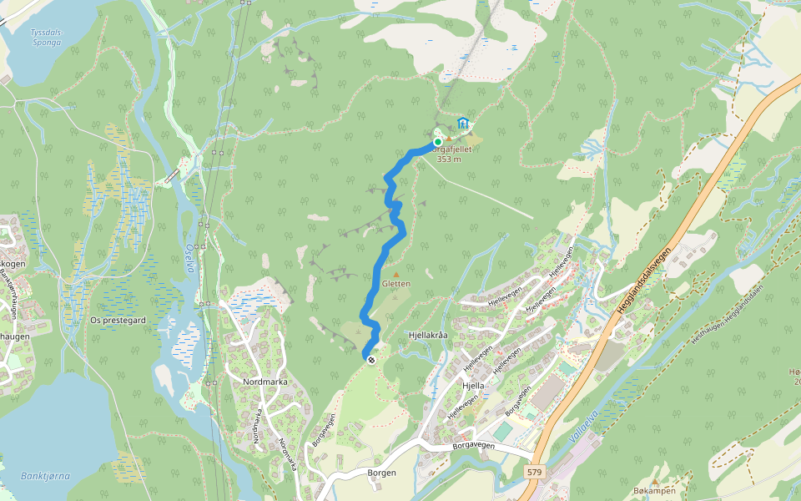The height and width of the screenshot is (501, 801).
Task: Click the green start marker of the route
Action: (x=437, y=142)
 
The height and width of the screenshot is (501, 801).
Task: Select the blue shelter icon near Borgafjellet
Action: (x=463, y=124)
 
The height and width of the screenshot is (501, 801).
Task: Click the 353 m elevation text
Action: (x=449, y=159)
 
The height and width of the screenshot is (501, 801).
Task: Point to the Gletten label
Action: (x=395, y=284)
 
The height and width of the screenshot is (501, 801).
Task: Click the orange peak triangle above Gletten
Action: (x=395, y=273)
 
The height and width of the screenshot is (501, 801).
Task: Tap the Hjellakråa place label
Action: (x=428, y=335)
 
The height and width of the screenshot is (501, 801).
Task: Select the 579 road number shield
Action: (x=534, y=473)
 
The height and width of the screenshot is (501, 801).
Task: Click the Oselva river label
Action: (x=189, y=257)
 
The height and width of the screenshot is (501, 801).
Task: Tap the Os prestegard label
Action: (x=118, y=320)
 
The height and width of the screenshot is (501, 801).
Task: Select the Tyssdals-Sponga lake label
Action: (x=47, y=36)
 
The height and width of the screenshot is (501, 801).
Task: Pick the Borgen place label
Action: (x=381, y=473)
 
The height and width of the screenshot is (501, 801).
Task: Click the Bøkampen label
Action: (x=653, y=492)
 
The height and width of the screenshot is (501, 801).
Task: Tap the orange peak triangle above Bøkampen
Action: (x=656, y=482)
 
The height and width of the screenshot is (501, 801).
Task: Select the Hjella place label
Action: (x=473, y=387)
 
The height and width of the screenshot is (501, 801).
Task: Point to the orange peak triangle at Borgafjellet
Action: (x=449, y=139)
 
